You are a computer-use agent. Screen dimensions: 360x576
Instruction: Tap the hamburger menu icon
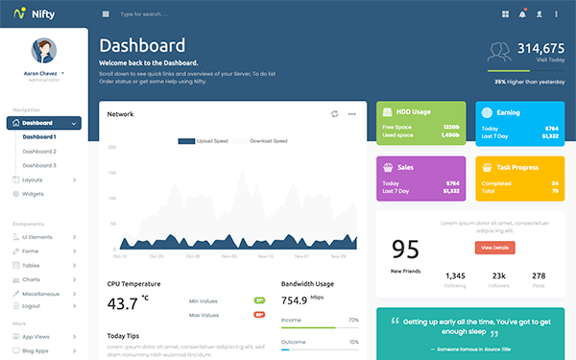106,14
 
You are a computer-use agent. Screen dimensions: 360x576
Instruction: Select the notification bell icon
522,14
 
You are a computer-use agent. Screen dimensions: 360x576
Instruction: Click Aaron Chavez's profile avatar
43,51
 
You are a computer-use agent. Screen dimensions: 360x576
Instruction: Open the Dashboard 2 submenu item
39,152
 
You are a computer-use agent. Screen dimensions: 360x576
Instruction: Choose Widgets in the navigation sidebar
33,194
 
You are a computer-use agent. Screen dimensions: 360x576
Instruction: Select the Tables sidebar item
31,265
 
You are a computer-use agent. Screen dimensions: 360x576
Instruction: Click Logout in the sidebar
32,306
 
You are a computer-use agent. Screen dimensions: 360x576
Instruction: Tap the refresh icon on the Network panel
334,114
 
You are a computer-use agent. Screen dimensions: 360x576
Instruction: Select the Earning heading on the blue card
508,112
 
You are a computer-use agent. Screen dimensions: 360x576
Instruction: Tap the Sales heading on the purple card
405,166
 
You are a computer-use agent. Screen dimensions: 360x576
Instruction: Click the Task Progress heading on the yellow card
516,166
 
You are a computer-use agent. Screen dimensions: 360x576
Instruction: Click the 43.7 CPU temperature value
123,304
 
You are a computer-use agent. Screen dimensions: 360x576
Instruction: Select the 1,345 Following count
455,276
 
